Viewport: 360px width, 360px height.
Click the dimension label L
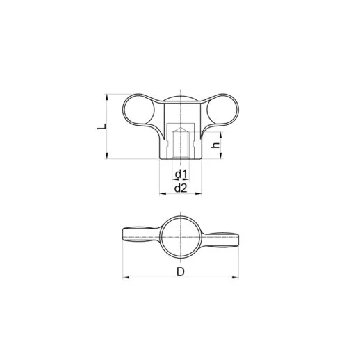[100, 127]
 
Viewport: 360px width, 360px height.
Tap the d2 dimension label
[180, 188]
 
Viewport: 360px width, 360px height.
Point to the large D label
[180, 271]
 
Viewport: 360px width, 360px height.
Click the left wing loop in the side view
[136, 110]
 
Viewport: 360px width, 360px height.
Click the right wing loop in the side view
[224, 110]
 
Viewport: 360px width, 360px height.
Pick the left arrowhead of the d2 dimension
[162, 193]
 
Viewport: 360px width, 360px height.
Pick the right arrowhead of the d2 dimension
[198, 193]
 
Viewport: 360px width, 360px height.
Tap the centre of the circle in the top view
[180, 236]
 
